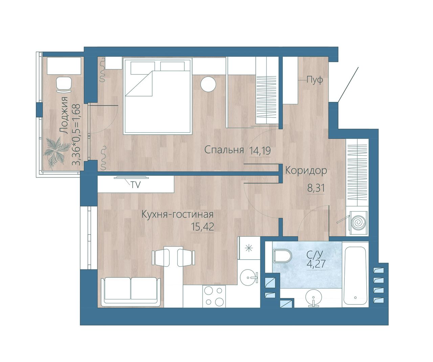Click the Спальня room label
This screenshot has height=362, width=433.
224,150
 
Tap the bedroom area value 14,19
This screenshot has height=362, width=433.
260,151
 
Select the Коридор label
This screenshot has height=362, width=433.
306,171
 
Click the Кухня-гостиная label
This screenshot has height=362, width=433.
178,214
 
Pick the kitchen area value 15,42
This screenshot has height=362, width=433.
203,227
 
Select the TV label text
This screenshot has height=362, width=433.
136,185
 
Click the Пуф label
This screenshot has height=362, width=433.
315,80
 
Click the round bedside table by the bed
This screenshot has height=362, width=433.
208,84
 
